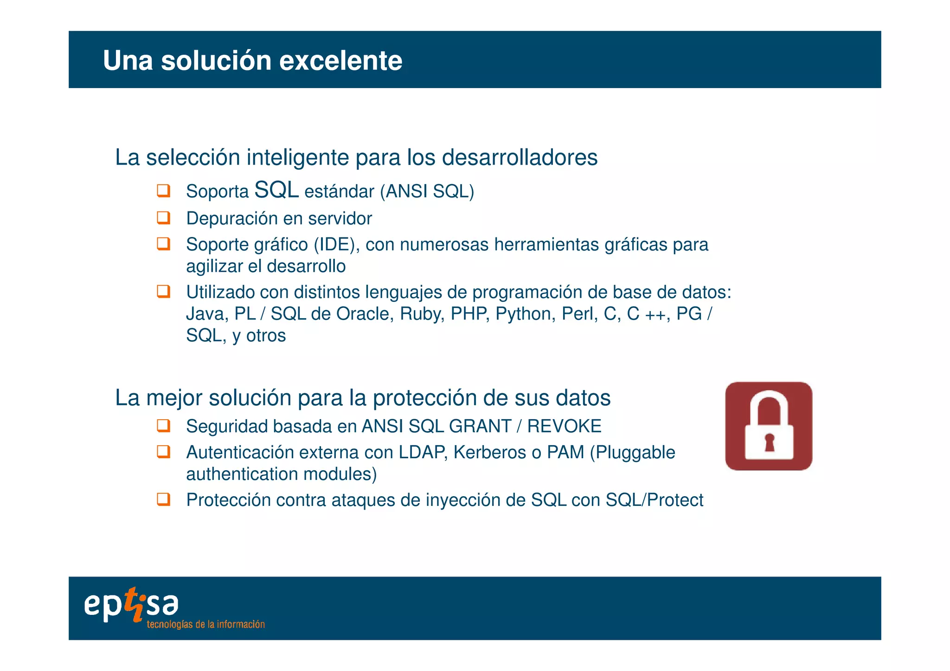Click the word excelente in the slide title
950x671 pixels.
pyautogui.click(x=340, y=61)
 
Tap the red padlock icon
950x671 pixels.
pyautogui.click(x=768, y=426)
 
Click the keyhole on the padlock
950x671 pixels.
pyautogui.click(x=770, y=442)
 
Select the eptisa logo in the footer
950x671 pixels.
pyautogui.click(x=131, y=605)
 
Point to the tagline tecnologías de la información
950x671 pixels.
pyautogui.click(x=205, y=624)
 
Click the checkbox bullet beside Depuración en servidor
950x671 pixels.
pyautogui.click(x=163, y=217)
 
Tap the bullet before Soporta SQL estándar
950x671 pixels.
pyautogui.click(x=163, y=191)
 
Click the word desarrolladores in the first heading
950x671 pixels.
pyautogui.click(x=520, y=157)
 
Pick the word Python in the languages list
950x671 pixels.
pyautogui.click(x=525, y=314)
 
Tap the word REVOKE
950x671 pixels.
pyautogui.click(x=564, y=426)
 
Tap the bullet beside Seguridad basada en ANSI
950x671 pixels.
pyautogui.click(x=163, y=425)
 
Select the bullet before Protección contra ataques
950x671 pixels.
pyautogui.click(x=163, y=499)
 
